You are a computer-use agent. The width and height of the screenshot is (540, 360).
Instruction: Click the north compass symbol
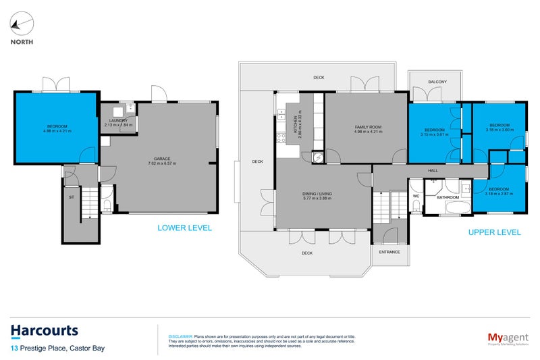pyautogui.click(x=21, y=25)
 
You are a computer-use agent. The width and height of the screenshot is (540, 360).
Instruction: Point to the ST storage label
pyautogui.click(x=71, y=199)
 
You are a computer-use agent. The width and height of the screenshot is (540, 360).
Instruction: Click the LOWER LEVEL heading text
pyautogui.click(x=184, y=228)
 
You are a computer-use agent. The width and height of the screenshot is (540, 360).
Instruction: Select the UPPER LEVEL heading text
pyautogui.click(x=495, y=232)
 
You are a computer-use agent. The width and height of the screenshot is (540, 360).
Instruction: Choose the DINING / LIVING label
pyautogui.click(x=317, y=193)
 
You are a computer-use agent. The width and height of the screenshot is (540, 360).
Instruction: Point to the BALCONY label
pyautogui.click(x=437, y=82)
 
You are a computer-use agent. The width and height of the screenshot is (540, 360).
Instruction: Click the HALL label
pyautogui.click(x=433, y=171)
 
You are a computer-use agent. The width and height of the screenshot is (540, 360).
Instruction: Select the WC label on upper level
pyautogui.click(x=416, y=197)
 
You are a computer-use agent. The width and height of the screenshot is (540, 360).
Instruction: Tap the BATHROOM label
pyautogui.click(x=448, y=197)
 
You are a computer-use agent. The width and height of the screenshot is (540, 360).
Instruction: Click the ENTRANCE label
pyautogui.click(x=389, y=252)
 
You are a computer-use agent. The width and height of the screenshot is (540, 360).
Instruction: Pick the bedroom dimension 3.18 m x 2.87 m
pyautogui.click(x=499, y=194)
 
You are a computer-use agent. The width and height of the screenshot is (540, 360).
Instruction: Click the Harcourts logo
pyautogui.click(x=45, y=331)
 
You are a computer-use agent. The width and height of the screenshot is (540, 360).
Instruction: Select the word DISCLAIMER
pyautogui.click(x=180, y=335)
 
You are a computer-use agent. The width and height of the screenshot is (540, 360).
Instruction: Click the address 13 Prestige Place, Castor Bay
pyautogui.click(x=57, y=349)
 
